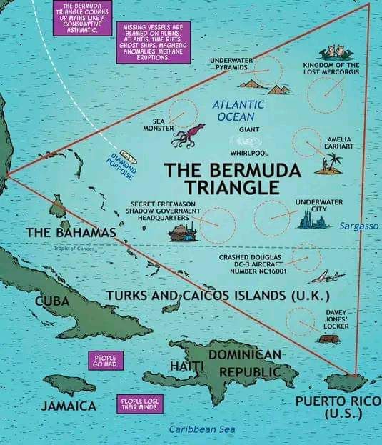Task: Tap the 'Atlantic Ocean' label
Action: tap(238, 110)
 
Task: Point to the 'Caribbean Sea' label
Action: tap(201, 429)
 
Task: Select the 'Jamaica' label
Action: tap(69, 406)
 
